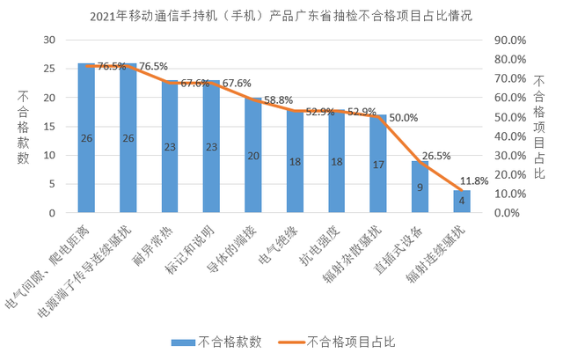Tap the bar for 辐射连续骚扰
click(462, 202)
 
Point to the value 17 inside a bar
click(378, 164)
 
